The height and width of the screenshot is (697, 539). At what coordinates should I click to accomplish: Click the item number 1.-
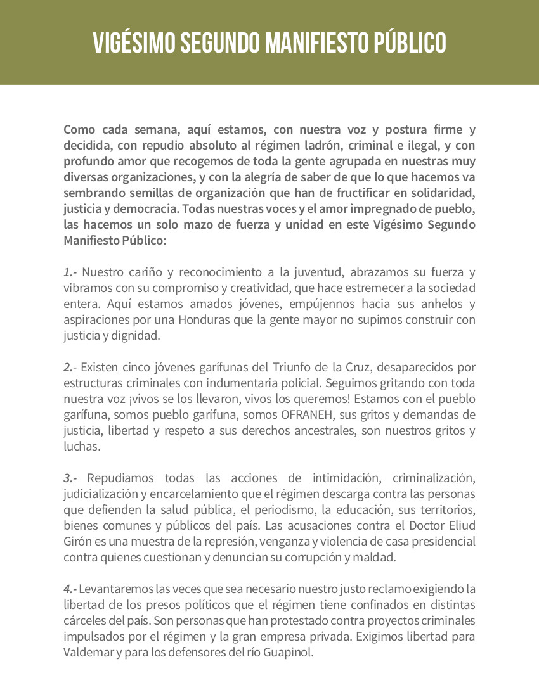[x=70, y=273]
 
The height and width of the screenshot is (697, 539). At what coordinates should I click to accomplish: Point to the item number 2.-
[x=70, y=368]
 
